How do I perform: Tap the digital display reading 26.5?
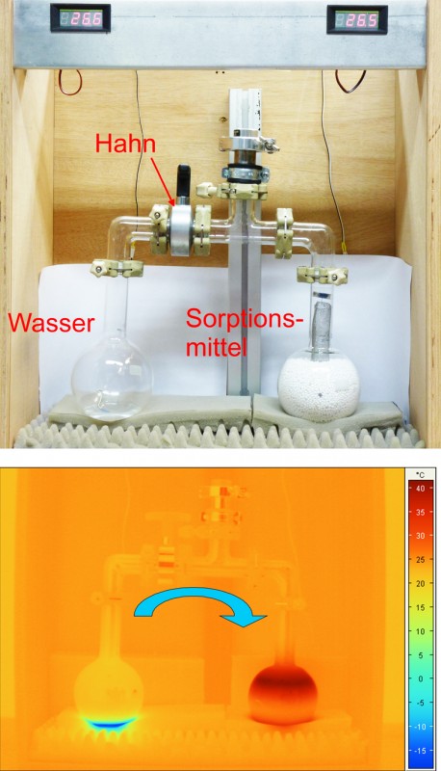357,19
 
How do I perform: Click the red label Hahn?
125,143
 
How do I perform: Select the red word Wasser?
51,323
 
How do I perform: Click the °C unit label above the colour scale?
420,474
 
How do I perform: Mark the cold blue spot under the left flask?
110,722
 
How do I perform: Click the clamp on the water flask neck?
117,268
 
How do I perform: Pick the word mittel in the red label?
217,348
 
